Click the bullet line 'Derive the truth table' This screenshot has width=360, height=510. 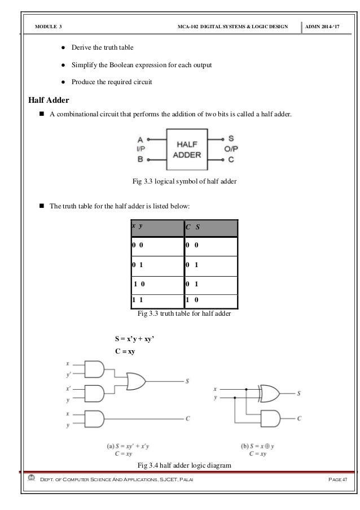102,46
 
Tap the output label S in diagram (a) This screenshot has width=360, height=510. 187,381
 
